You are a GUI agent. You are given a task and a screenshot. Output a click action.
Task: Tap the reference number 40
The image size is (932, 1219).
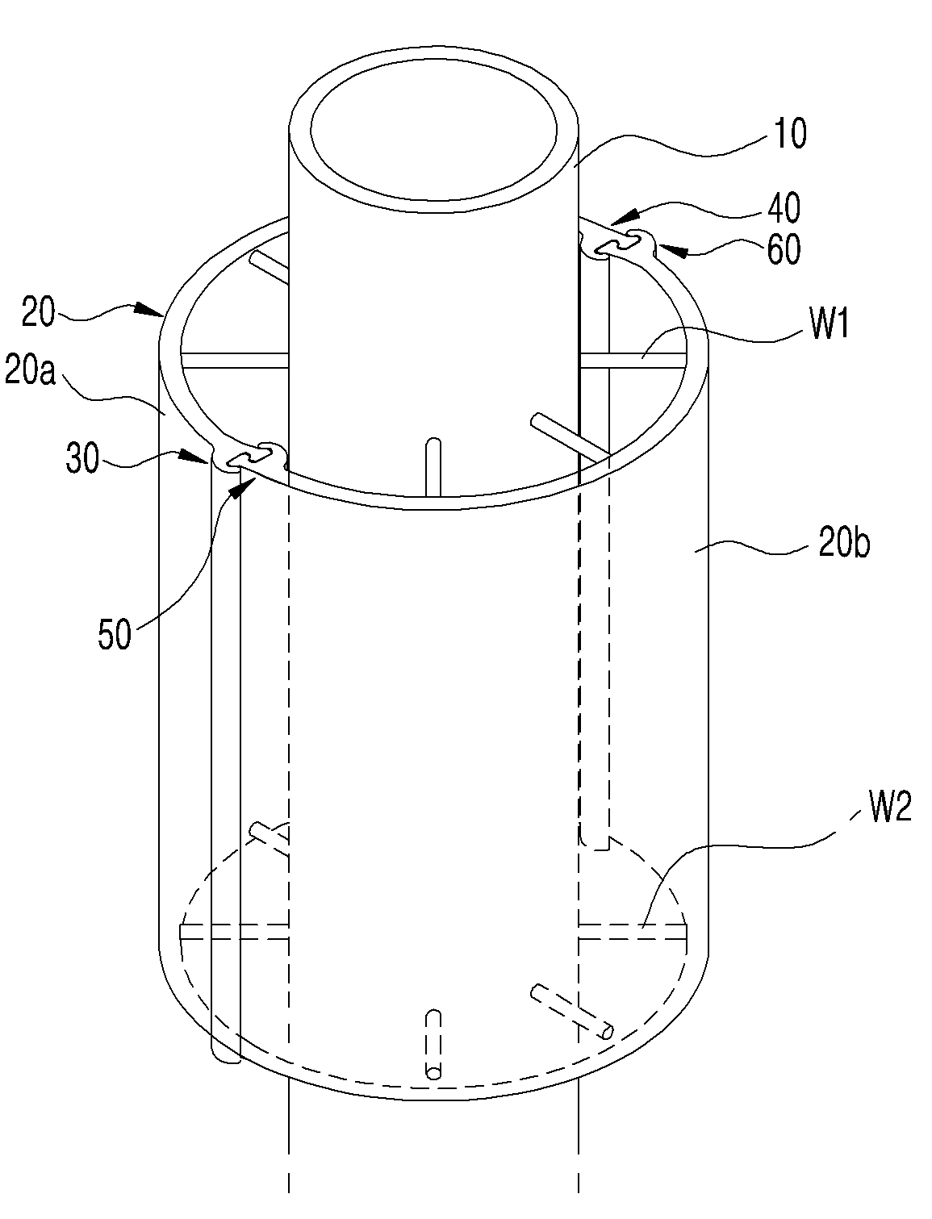(784, 207)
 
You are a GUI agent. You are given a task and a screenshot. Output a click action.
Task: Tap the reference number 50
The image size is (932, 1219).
(115, 633)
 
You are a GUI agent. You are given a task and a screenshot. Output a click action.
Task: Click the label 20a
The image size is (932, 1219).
(30, 370)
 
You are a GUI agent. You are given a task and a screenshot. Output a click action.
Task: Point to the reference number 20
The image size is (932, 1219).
(38, 313)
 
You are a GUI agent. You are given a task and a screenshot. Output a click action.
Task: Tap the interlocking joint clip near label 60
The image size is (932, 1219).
(617, 244)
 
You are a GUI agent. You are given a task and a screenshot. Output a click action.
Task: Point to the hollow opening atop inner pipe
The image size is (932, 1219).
(434, 130)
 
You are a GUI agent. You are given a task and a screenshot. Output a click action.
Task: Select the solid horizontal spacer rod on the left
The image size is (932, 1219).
(235, 359)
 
